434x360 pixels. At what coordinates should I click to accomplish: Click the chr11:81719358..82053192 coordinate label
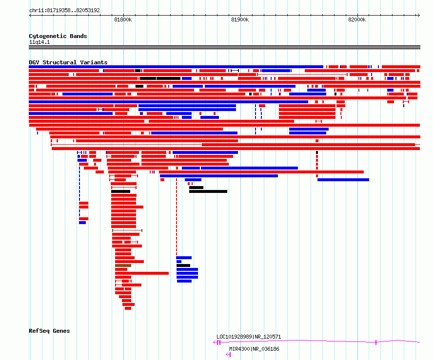[64, 10]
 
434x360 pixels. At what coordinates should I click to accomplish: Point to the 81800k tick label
[123, 19]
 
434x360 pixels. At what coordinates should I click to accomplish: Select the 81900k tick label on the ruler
[240, 19]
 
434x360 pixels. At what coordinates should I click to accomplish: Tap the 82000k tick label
[357, 19]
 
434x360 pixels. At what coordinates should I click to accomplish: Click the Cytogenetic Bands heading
[58, 36]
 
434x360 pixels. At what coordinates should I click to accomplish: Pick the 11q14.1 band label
[39, 42]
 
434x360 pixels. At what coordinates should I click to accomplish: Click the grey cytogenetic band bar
[224, 47]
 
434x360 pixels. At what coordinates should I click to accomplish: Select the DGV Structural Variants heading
[68, 62]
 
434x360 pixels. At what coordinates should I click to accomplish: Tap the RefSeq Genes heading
[49, 331]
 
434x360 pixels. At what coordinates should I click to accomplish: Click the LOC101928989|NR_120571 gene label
[249, 337]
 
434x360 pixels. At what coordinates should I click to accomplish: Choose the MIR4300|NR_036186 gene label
[254, 349]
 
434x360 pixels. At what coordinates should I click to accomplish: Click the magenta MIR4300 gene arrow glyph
[228, 355]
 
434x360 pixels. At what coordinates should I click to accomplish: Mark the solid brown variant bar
[123, 265]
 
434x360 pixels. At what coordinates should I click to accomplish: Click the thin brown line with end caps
[127, 230]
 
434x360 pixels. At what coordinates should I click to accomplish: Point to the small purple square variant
[141, 114]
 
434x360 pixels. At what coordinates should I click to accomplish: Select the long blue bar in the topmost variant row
[176, 67]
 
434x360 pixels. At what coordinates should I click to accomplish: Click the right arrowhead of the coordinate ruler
[418, 16]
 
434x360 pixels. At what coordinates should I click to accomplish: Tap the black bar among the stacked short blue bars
[183, 265]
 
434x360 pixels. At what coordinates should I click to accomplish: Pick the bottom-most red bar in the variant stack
[128, 308]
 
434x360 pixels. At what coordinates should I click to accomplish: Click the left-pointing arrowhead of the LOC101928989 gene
[215, 342]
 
